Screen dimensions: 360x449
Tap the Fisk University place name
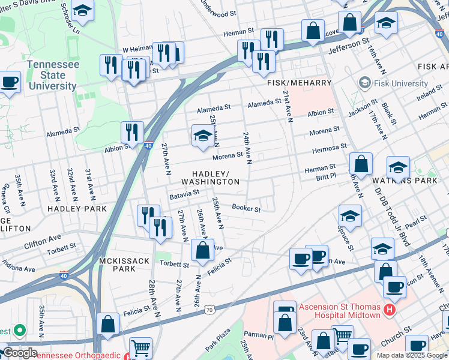click(400, 83)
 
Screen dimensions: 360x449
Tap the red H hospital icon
click(390, 311)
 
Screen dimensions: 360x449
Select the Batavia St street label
click(184, 194)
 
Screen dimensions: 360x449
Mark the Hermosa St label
click(328, 146)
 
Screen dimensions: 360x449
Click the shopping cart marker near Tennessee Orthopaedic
click(140, 347)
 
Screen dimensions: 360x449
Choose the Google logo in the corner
click(19, 353)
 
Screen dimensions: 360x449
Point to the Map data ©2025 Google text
click(412, 355)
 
